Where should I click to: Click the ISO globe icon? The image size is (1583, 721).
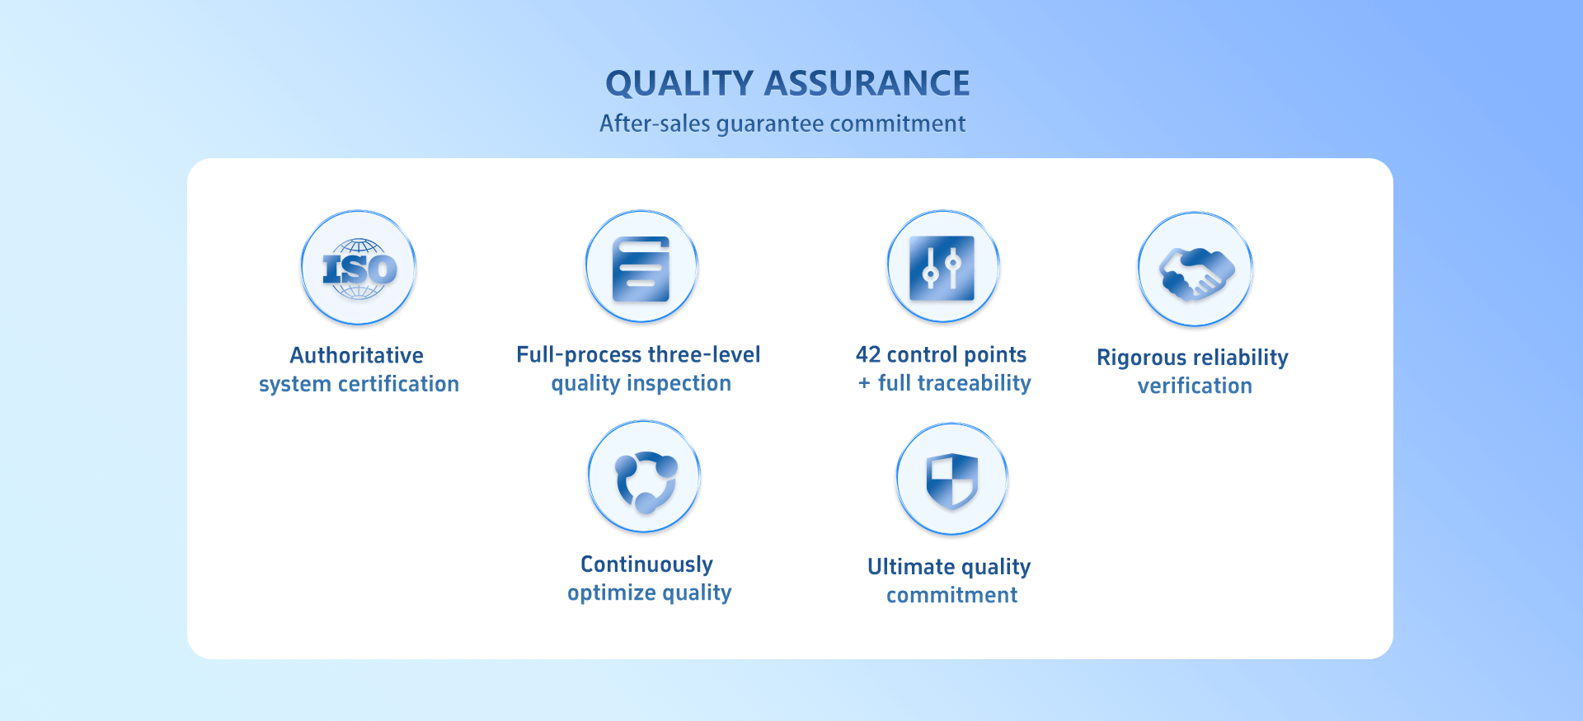click(359, 269)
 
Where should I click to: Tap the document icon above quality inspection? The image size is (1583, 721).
click(641, 269)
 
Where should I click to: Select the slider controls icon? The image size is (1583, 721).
click(942, 268)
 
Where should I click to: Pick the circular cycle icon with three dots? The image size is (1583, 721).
click(646, 480)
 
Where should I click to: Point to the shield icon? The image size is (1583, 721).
click(952, 480)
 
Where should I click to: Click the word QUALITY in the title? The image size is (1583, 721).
click(679, 84)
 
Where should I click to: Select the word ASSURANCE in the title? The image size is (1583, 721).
click(867, 83)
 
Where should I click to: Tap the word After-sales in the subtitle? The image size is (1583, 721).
click(655, 123)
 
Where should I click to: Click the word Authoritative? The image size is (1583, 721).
click(357, 355)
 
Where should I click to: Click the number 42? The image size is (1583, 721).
click(868, 354)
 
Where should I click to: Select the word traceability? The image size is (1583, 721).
click(975, 383)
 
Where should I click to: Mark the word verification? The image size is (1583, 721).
click(1195, 386)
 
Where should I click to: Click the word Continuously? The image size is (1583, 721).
click(647, 564)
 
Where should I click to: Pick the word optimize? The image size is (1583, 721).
click(612, 593)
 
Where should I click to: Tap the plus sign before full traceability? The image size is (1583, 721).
click(864, 383)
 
